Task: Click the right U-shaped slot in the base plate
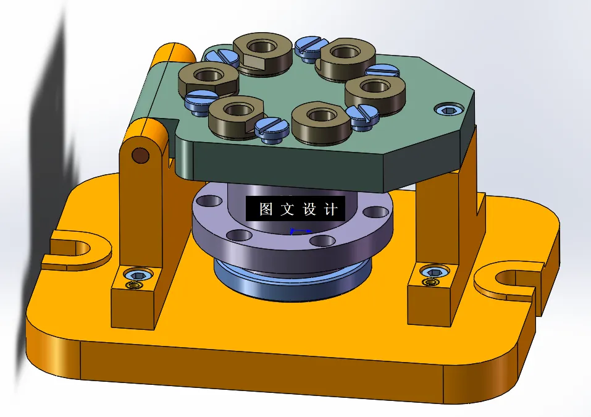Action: pyautogui.click(x=512, y=280)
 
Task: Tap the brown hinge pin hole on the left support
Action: pyautogui.click(x=141, y=154)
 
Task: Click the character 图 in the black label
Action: pyautogui.click(x=266, y=209)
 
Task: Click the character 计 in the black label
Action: pyautogui.click(x=331, y=209)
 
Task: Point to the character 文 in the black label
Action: pyautogui.click(x=288, y=209)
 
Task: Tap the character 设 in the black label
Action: pyautogui.click(x=309, y=209)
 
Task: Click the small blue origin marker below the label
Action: pyautogui.click(x=293, y=231)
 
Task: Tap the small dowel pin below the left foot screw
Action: pyautogui.click(x=132, y=286)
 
